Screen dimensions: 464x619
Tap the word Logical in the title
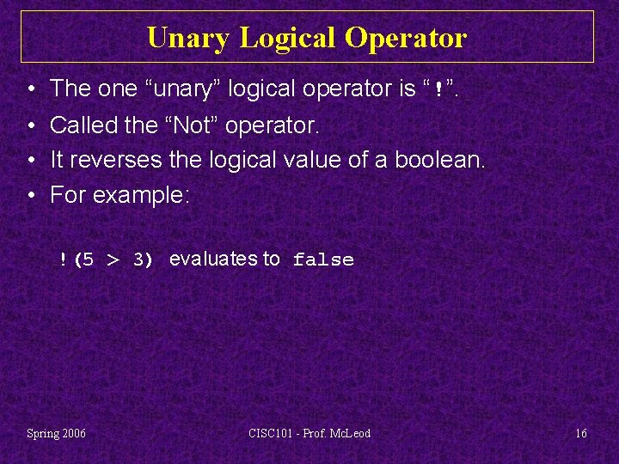[x=289, y=38]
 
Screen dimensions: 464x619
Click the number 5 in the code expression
[x=88, y=259]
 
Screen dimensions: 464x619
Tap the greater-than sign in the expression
[x=113, y=259]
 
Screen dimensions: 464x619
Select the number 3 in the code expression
[x=138, y=259]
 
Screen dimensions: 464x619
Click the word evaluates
[x=213, y=259]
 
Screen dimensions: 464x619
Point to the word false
[x=323, y=259]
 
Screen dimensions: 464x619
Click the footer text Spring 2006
[x=57, y=433]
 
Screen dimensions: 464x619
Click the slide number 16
[x=581, y=433]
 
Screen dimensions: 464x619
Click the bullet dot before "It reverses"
[x=30, y=161]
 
